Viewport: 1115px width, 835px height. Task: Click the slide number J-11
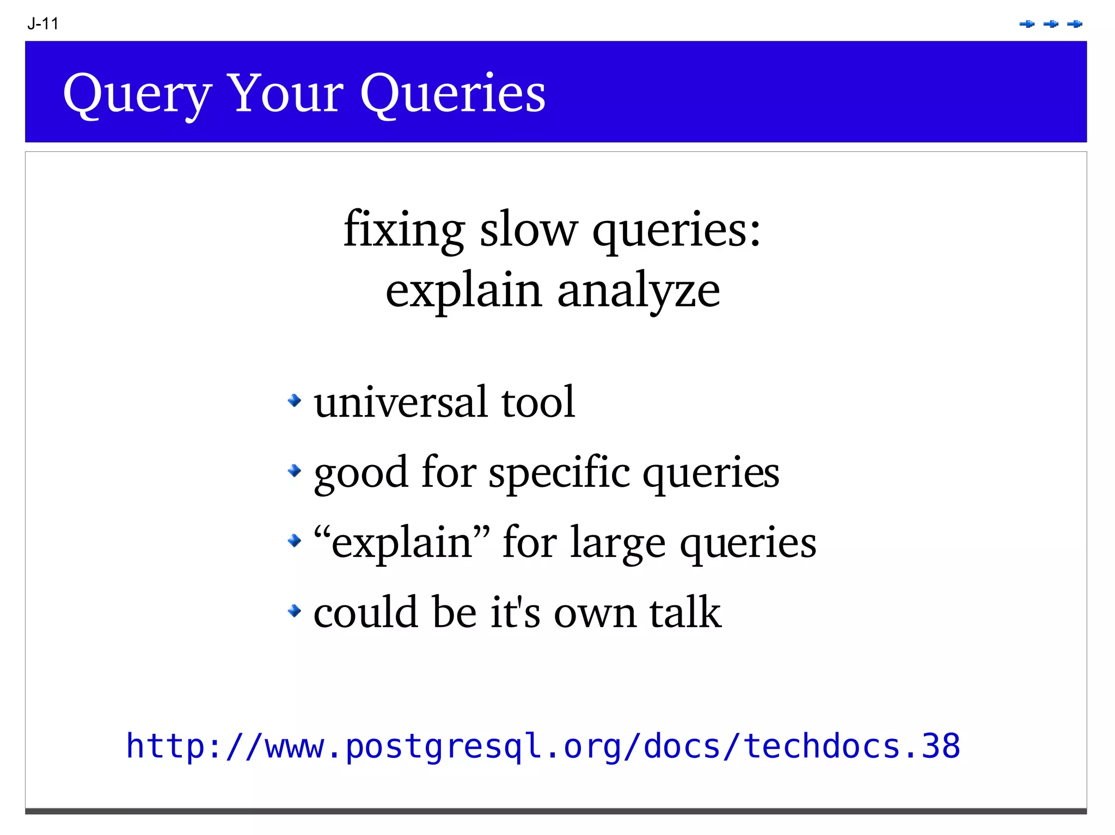pyautogui.click(x=43, y=24)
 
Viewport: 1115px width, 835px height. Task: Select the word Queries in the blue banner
pyautogui.click(x=452, y=94)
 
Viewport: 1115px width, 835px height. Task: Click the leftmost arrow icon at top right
pyautogui.click(x=1027, y=24)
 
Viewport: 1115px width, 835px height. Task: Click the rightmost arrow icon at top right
pyautogui.click(x=1075, y=24)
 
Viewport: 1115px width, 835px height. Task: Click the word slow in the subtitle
pyautogui.click(x=528, y=229)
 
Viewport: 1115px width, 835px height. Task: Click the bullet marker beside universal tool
pyautogui.click(x=295, y=401)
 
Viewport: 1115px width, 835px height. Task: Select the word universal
pyautogui.click(x=400, y=402)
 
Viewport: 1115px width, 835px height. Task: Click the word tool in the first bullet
pyautogui.click(x=537, y=402)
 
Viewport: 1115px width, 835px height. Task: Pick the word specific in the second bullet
pyautogui.click(x=559, y=472)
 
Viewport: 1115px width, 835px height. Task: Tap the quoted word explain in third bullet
pyautogui.click(x=402, y=543)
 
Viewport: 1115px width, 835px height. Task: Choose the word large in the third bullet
pyautogui.click(x=617, y=543)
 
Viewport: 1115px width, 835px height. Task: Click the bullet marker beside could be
pyautogui.click(x=295, y=610)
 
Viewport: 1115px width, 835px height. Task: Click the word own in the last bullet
pyautogui.click(x=595, y=613)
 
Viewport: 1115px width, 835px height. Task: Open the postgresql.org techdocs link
pyautogui.click(x=543, y=746)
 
